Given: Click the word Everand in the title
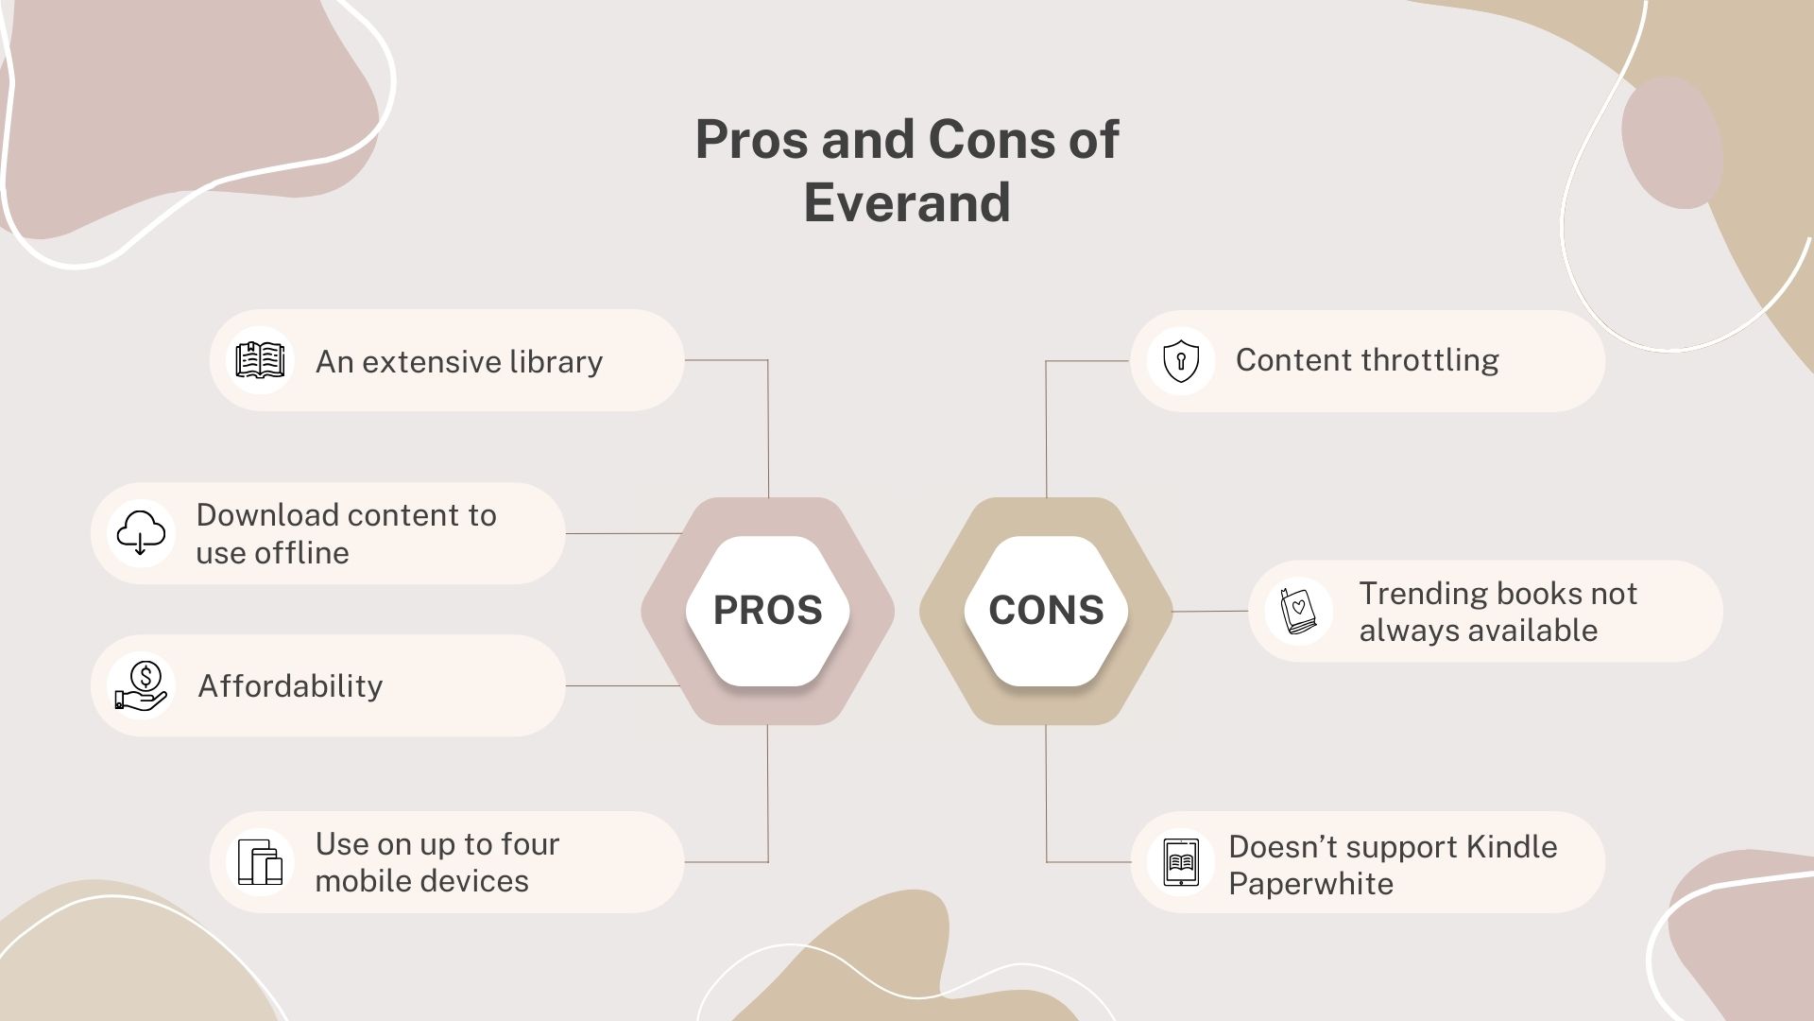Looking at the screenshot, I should (x=907, y=202).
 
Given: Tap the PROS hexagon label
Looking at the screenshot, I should (x=767, y=611).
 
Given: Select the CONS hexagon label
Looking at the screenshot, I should (x=1046, y=611).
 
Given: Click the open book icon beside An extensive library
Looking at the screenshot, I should (x=260, y=360).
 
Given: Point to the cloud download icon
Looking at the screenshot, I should (x=141, y=533).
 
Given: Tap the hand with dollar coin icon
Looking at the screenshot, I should (x=141, y=685).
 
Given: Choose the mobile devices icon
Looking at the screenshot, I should (x=260, y=862).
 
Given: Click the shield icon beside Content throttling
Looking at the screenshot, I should (x=1180, y=361).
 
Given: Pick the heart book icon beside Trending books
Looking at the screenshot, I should (x=1298, y=612).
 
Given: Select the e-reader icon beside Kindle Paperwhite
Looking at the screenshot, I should (x=1180, y=862).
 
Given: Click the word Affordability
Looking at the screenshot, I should (x=290, y=686).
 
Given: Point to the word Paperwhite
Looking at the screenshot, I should (x=1310, y=884).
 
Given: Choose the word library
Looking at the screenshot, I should (x=556, y=362).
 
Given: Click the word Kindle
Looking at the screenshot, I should (x=1512, y=847).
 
